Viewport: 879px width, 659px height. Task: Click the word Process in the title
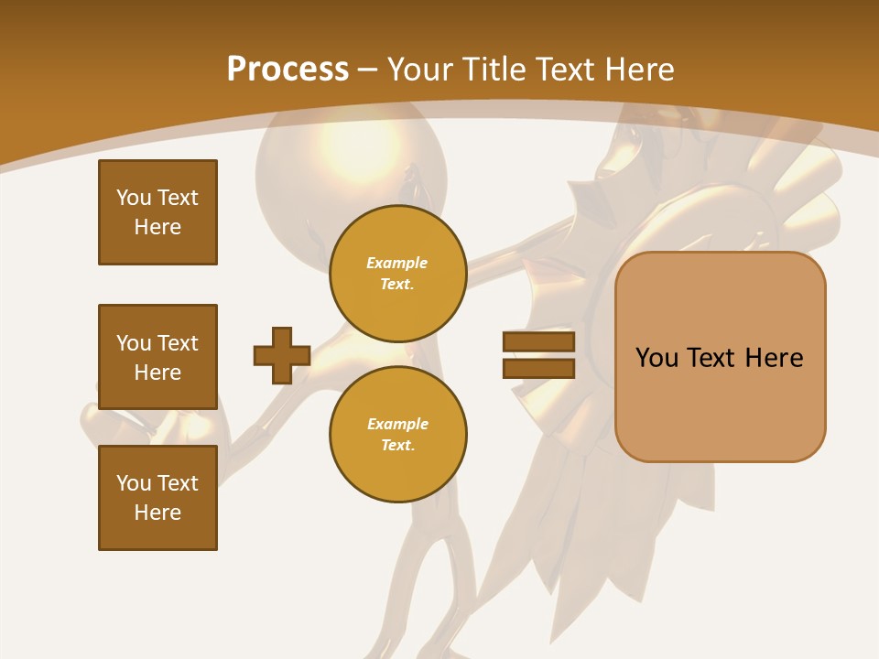point(288,69)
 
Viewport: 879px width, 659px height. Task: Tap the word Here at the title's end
point(633,69)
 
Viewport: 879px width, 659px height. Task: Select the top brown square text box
point(157,212)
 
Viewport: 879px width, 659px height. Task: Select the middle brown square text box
point(157,357)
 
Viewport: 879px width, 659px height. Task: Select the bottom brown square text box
point(157,497)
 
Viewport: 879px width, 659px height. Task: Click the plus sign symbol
point(281,355)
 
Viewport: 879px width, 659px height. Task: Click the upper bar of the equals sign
point(538,342)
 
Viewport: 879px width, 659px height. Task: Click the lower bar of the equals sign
point(538,368)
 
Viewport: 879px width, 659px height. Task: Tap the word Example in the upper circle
point(396,263)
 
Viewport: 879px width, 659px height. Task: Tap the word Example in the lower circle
point(397,424)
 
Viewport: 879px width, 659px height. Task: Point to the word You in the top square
point(133,198)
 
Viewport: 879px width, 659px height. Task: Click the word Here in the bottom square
point(157,513)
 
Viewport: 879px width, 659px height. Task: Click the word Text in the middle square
point(177,343)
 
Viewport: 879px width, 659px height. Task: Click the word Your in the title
point(420,69)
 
